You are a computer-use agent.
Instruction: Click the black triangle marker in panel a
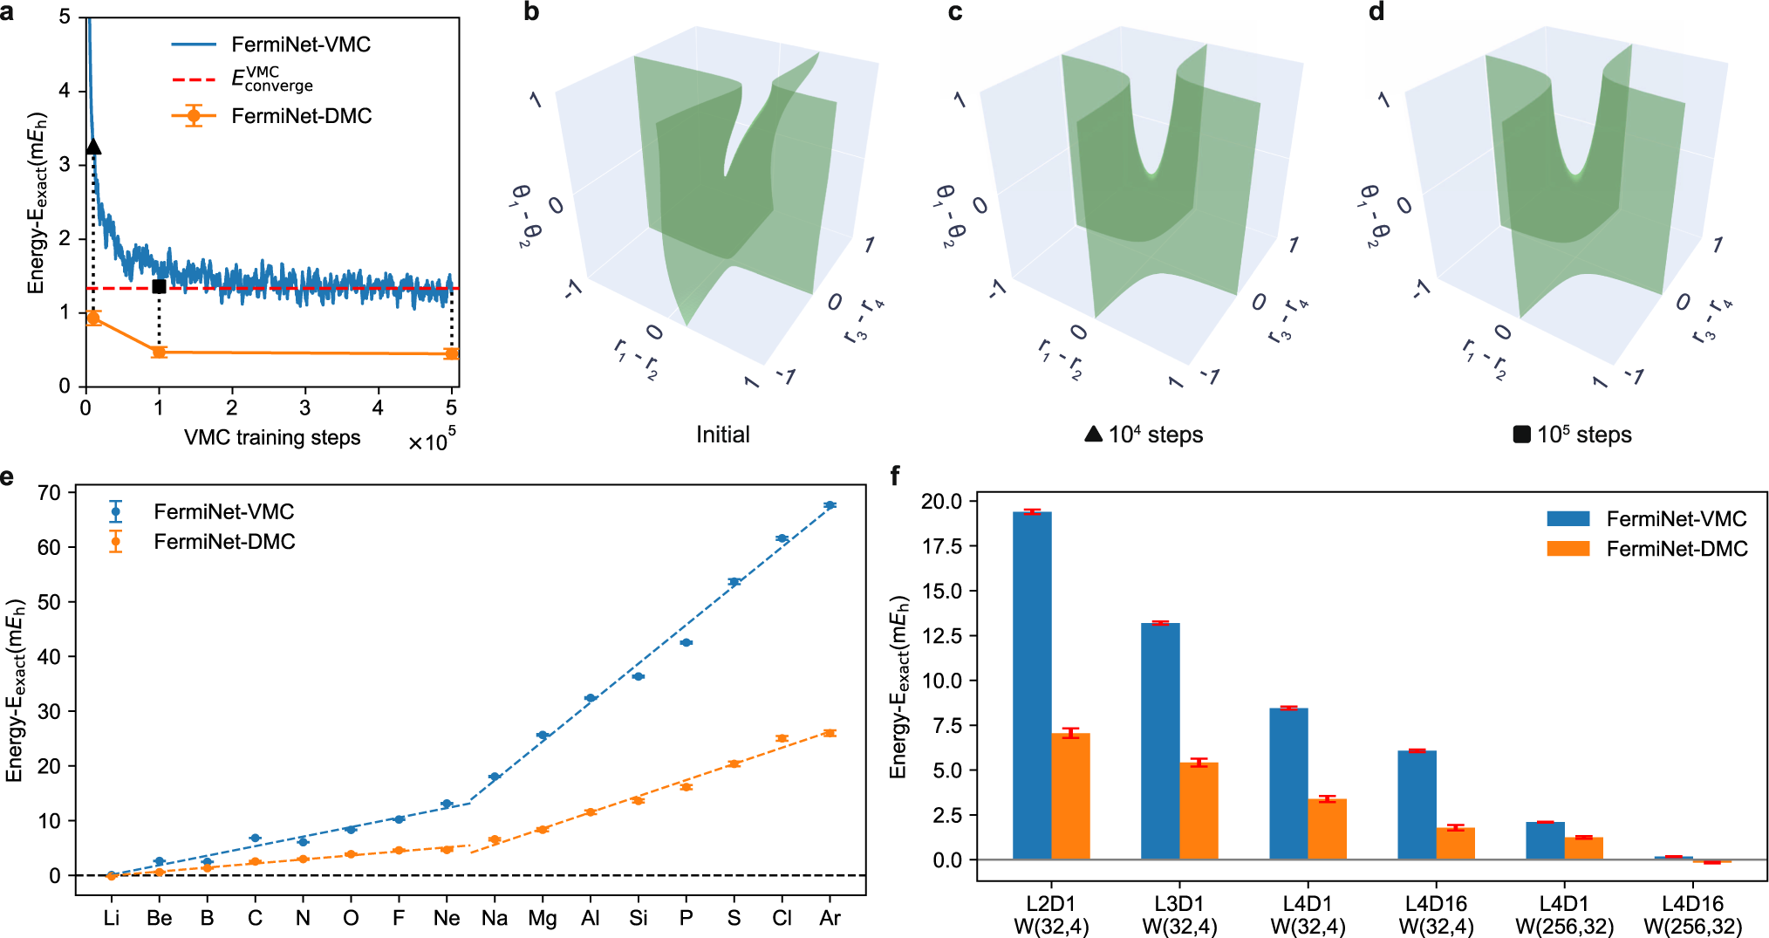pyautogui.click(x=93, y=147)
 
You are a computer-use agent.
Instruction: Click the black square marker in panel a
pyautogui.click(x=159, y=286)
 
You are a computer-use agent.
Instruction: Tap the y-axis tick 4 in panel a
pyautogui.click(x=65, y=91)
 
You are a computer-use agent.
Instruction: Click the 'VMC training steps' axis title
pyautogui.click(x=272, y=437)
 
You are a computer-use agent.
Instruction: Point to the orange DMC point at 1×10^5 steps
pyautogui.click(x=159, y=353)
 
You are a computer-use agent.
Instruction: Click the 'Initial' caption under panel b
pyautogui.click(x=722, y=435)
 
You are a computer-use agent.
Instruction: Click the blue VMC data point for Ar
pyautogui.click(x=830, y=505)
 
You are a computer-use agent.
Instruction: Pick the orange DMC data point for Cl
pyautogui.click(x=782, y=738)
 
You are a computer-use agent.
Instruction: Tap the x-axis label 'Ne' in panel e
pyautogui.click(x=447, y=918)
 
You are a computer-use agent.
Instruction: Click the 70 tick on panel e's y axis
pyautogui.click(x=49, y=493)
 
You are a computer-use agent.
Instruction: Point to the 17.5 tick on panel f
pyautogui.click(x=941, y=546)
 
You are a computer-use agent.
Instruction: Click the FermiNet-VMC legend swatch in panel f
pyautogui.click(x=1568, y=518)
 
